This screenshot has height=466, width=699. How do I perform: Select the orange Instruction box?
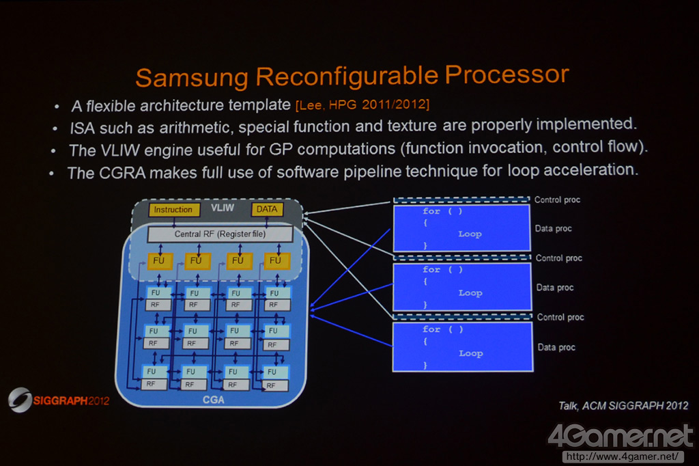point(174,210)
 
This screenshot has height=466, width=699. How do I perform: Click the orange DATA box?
point(267,209)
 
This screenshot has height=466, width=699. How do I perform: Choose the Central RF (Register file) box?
point(220,234)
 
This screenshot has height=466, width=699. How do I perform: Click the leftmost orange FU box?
point(157,261)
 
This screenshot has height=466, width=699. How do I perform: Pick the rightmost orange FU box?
point(276,261)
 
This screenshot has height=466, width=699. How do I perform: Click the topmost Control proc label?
point(557,200)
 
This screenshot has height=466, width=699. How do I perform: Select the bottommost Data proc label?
point(556,348)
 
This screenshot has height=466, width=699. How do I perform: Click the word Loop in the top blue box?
point(470,234)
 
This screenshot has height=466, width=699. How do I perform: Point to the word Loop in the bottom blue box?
point(470,353)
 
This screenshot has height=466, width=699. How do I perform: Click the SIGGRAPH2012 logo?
point(59,400)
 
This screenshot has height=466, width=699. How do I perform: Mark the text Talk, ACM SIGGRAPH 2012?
point(623,406)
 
